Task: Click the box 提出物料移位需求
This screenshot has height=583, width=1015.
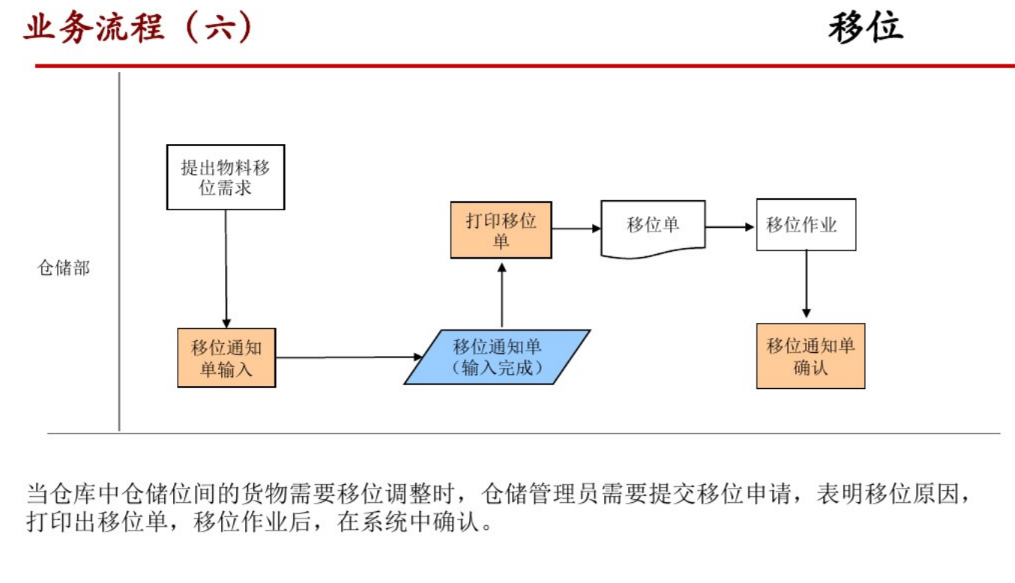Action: click(225, 177)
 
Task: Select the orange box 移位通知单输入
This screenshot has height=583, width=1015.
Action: click(226, 357)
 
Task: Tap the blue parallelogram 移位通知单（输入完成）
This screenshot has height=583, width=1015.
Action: click(497, 357)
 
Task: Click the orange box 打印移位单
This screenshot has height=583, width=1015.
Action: click(501, 230)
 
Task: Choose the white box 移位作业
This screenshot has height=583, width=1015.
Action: click(806, 225)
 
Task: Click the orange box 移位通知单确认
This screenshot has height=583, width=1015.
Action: click(810, 356)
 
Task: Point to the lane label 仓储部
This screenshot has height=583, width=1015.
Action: click(64, 268)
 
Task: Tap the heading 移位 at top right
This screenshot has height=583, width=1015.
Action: click(866, 28)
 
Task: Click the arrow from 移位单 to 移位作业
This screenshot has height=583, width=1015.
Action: click(730, 226)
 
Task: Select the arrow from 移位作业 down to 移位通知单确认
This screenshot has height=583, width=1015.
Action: click(807, 285)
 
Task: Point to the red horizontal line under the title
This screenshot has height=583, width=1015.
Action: click(525, 66)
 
